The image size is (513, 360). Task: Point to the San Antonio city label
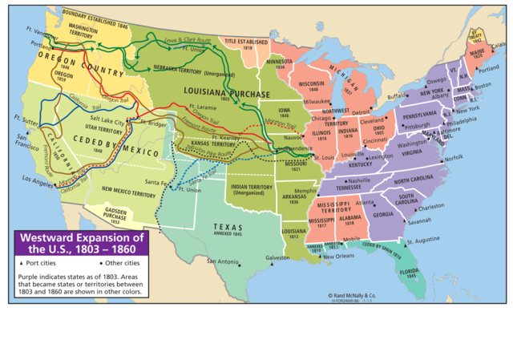[x=223, y=261]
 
